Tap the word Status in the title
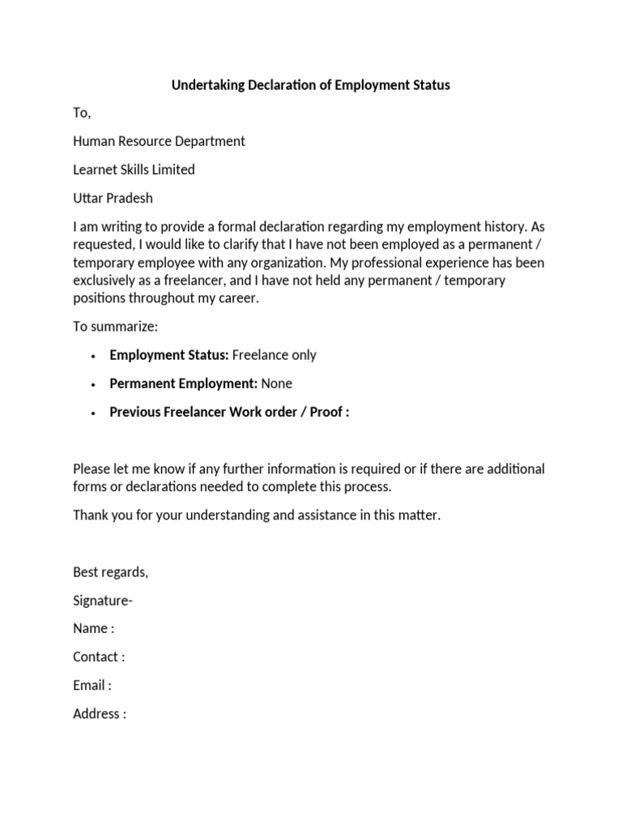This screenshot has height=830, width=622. pyautogui.click(x=429, y=85)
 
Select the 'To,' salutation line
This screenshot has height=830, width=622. pyautogui.click(x=82, y=113)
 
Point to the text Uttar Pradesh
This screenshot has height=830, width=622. pyautogui.click(x=113, y=199)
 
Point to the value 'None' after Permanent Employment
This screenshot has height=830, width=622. pyautogui.click(x=277, y=383)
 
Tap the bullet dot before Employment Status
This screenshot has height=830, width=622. pyautogui.click(x=95, y=356)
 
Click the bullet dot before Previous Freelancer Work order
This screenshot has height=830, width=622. pyautogui.click(x=95, y=413)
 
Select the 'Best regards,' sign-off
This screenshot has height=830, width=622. pyautogui.click(x=111, y=572)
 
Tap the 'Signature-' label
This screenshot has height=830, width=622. pyautogui.click(x=103, y=601)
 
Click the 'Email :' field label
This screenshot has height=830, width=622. pyautogui.click(x=92, y=686)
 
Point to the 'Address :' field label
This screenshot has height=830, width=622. pyautogui.click(x=100, y=714)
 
